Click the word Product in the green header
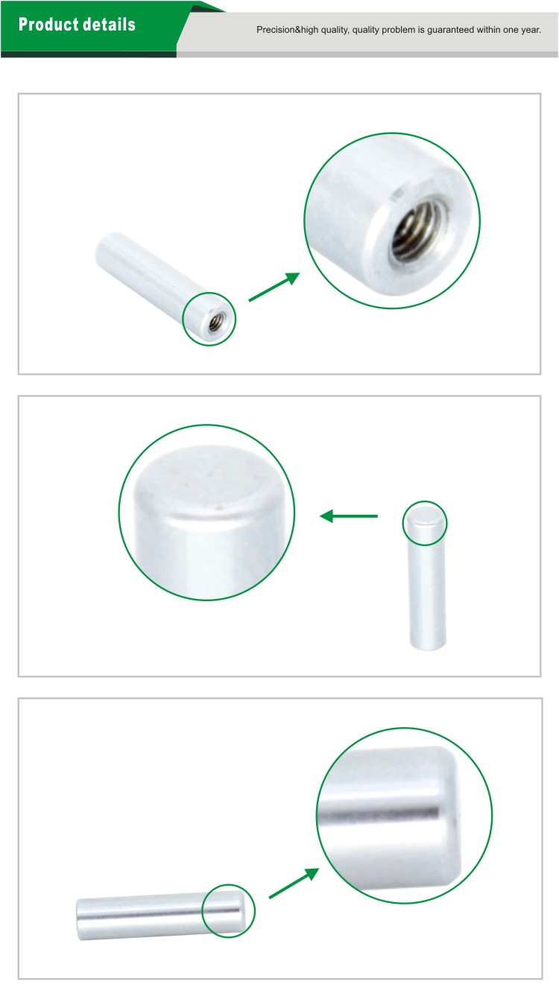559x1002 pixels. click(48, 24)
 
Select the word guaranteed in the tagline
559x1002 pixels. click(449, 30)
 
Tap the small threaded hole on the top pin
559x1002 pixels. click(217, 321)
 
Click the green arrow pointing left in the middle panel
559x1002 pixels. click(349, 516)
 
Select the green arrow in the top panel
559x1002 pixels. click(274, 287)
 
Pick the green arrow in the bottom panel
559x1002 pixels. click(294, 883)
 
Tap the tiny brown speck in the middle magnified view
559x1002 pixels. click(218, 508)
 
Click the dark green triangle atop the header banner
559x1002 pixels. click(207, 7)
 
